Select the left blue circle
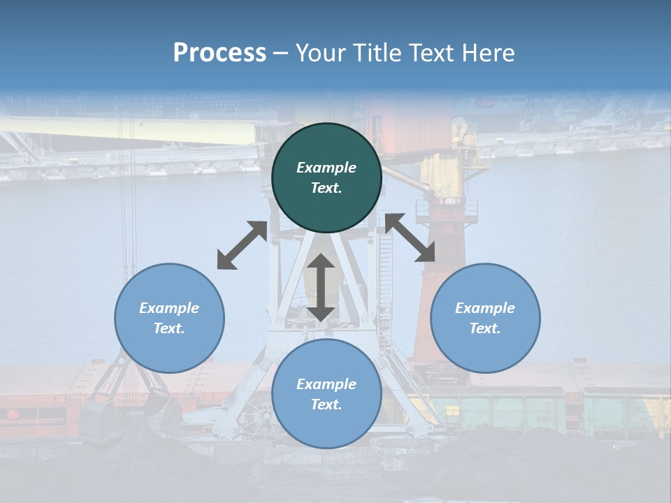pyautogui.click(x=169, y=349)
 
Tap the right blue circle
pyautogui.click(x=485, y=349)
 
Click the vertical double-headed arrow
pyautogui.click(x=321, y=288)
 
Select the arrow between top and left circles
pyautogui.click(x=242, y=245)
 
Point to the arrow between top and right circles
pyautogui.click(x=410, y=238)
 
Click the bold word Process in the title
pyautogui.click(x=219, y=53)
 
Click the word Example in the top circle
pyautogui.click(x=326, y=168)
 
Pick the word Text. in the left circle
pyautogui.click(x=169, y=328)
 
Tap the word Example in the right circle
pyautogui.click(x=485, y=308)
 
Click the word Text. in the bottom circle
pyautogui.click(x=326, y=404)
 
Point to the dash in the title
pyautogui.click(x=281, y=53)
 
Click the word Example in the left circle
pyautogui.click(x=169, y=308)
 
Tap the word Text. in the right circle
pyautogui.click(x=485, y=328)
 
